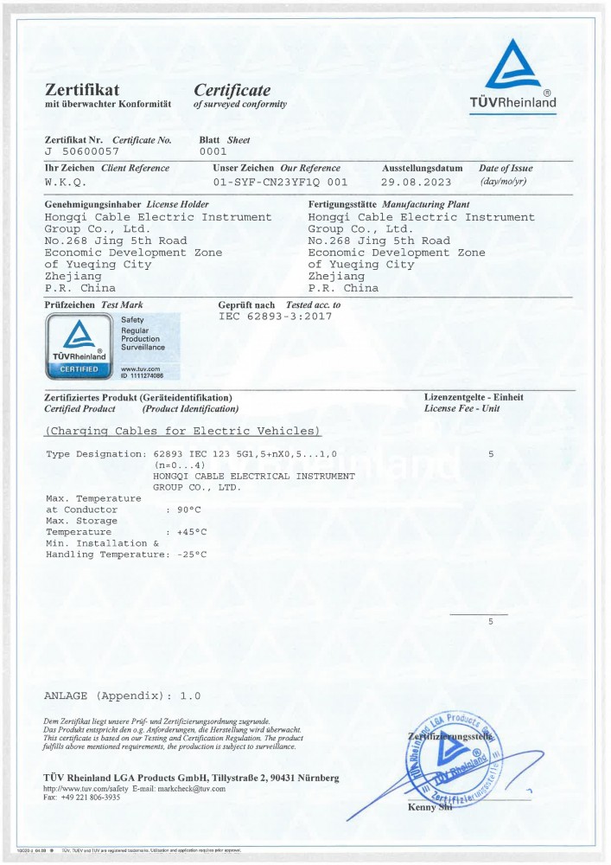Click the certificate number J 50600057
[x=82, y=151]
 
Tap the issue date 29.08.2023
[x=417, y=183]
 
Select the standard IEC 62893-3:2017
[x=275, y=316]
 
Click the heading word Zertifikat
[x=81, y=90]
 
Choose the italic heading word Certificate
[x=232, y=90]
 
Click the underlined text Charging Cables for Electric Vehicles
[x=182, y=431]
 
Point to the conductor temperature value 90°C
[x=188, y=509]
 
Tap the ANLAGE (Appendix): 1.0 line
[x=122, y=695]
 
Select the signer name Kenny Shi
[x=430, y=808]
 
